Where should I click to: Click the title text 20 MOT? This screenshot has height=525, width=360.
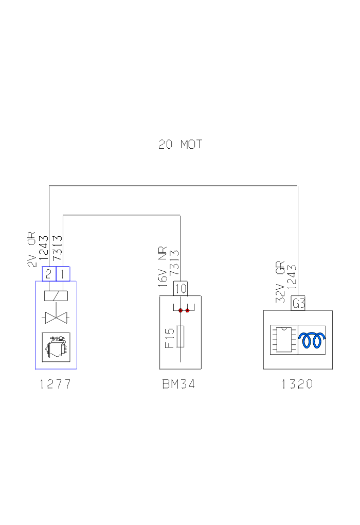[180, 145]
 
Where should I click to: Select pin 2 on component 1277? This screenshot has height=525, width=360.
[48, 274]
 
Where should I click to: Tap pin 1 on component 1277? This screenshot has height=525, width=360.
[62, 274]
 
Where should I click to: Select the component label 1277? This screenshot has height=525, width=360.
[55, 384]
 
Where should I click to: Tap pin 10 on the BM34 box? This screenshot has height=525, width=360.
[181, 288]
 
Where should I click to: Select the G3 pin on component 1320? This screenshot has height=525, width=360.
[298, 304]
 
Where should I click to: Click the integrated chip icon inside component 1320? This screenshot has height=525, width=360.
[283, 340]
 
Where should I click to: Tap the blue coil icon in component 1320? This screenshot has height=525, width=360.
[313, 340]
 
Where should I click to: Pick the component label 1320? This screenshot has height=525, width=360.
[297, 384]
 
